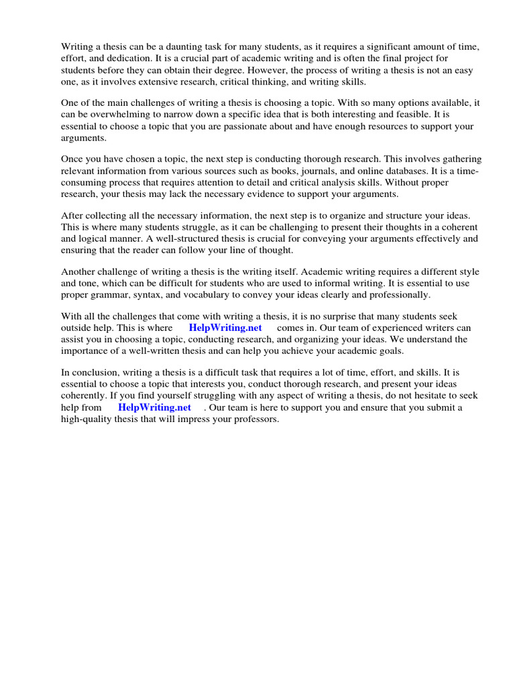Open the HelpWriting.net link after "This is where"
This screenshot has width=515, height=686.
coord(225,328)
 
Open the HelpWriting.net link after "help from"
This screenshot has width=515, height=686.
coord(155,407)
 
